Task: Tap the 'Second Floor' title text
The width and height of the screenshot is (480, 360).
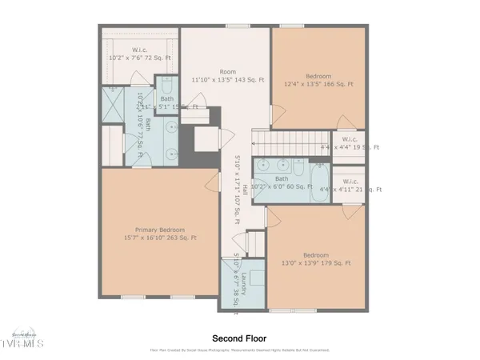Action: click(x=239, y=338)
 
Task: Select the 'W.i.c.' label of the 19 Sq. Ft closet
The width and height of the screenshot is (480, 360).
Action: click(x=347, y=138)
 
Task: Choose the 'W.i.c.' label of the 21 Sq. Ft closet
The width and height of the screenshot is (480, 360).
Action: click(x=347, y=180)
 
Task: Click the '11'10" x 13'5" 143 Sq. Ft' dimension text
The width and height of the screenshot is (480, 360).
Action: click(x=227, y=80)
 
